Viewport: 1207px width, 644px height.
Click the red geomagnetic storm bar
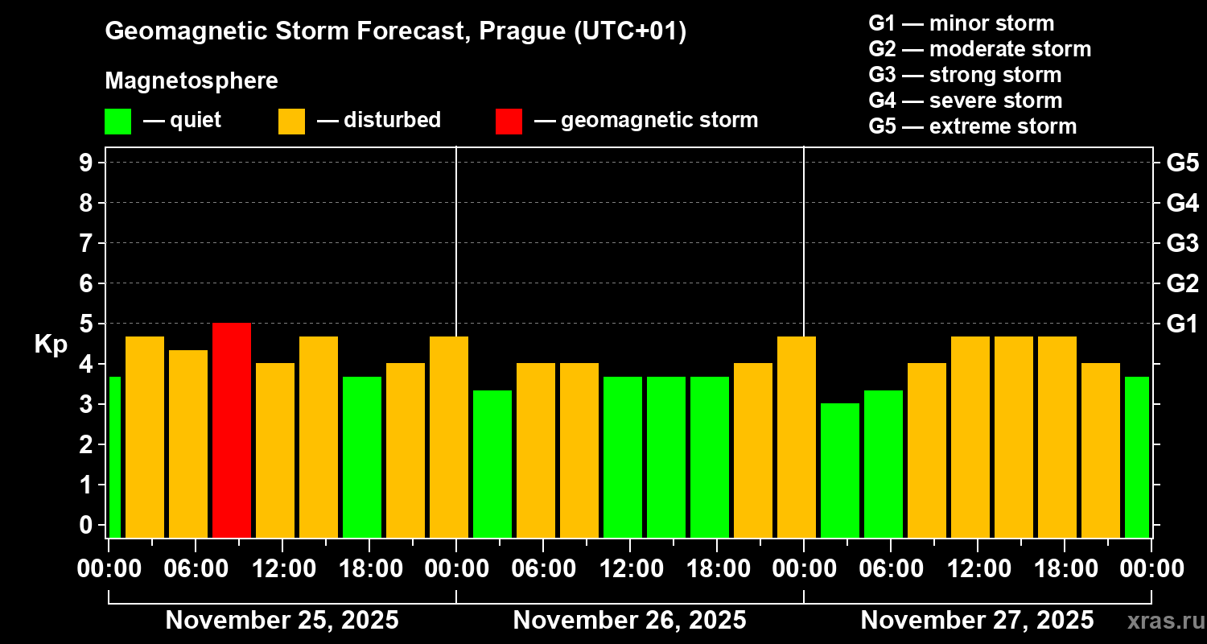[232, 430]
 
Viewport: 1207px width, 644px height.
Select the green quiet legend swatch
[117, 121]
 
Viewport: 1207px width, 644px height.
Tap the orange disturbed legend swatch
[291, 121]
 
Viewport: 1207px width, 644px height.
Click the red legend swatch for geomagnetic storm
[509, 121]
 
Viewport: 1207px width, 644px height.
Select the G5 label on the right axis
[1182, 163]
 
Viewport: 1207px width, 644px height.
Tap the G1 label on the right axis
[1182, 324]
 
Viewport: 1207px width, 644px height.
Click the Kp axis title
[51, 345]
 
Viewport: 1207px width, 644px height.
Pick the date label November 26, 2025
[629, 621]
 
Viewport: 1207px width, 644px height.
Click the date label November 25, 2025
[282, 621]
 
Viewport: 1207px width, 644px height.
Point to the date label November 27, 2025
[977, 621]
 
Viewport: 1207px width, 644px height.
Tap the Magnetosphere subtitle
[192, 81]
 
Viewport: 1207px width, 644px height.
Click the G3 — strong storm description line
[965, 75]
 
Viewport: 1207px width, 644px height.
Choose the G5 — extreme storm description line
[972, 126]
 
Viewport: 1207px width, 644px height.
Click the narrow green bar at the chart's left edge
[114, 456]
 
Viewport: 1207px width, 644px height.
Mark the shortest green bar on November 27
[840, 470]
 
